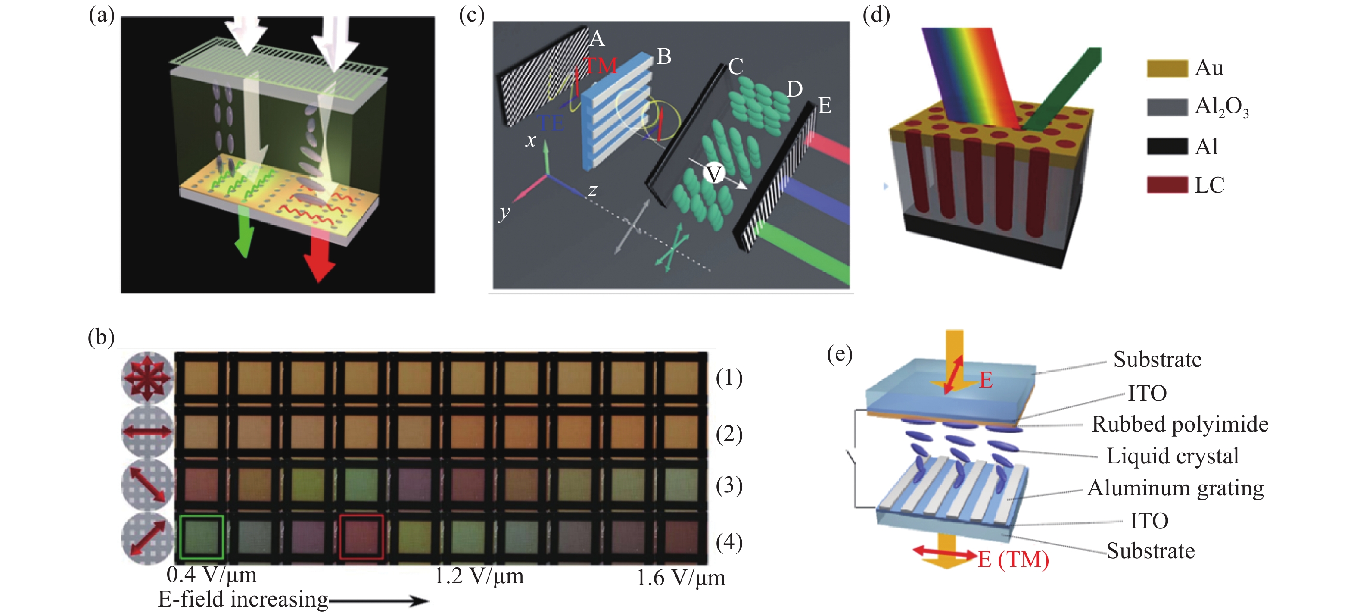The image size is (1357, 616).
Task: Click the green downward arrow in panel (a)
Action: [243, 232]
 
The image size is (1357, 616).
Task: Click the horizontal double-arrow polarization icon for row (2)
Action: [147, 432]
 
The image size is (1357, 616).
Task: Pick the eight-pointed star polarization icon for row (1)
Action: [147, 377]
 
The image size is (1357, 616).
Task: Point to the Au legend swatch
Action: [1167, 69]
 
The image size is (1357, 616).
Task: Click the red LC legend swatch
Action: [1167, 185]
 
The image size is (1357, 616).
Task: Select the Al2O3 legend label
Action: [1221, 107]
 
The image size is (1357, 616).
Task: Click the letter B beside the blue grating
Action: [664, 56]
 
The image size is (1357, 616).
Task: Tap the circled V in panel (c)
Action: [713, 173]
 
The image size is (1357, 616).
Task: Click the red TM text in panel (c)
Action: [601, 66]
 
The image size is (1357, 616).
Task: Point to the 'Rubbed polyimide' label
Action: [1180, 424]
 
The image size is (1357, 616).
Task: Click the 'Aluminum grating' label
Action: [1175, 488]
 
